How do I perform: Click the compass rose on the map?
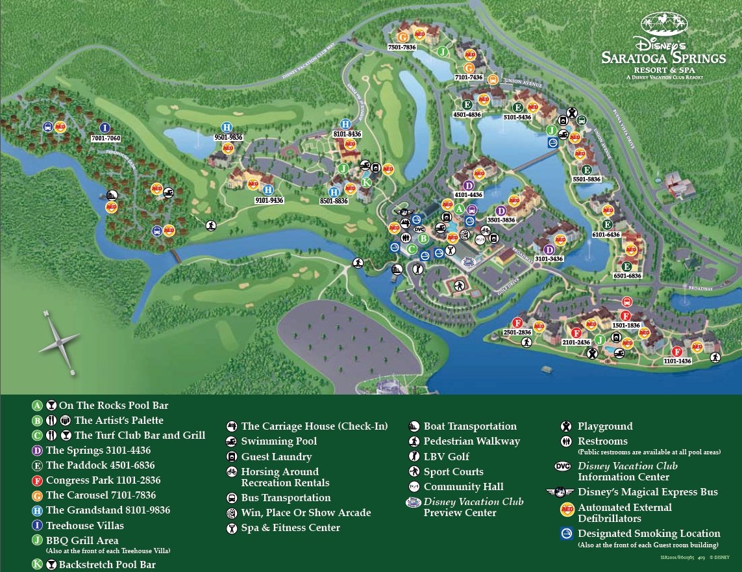(59, 341)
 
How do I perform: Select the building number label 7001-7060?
(106, 139)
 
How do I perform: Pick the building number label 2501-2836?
(517, 333)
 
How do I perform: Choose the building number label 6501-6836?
(626, 276)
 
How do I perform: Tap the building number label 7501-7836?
(402, 47)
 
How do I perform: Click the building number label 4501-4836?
(467, 115)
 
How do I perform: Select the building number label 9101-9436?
(269, 200)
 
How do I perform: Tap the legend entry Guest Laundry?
(276, 457)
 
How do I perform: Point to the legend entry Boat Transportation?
(469, 426)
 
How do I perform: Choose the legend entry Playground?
(604, 426)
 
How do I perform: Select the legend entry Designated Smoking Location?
(649, 534)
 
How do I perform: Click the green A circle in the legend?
(38, 405)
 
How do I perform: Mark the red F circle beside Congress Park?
(38, 480)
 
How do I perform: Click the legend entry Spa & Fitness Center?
(290, 528)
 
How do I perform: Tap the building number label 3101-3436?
(549, 259)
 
